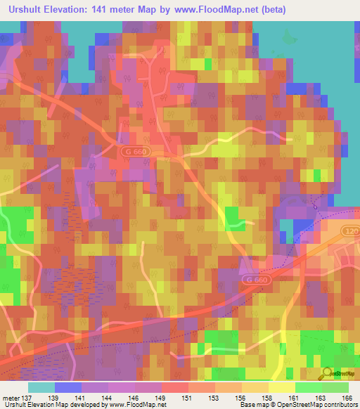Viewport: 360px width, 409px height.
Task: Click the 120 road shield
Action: pos(352,231)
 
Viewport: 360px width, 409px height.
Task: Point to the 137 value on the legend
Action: pos(27,398)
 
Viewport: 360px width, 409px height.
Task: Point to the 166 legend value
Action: pos(346,398)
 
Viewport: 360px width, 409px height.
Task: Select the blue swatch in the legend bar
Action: pos(68,387)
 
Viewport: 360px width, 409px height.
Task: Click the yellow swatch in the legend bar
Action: pos(282,387)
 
